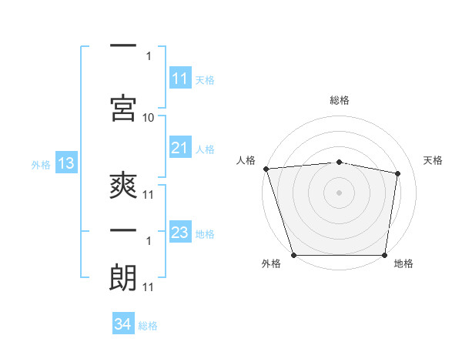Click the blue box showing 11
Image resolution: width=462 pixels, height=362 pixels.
(180, 79)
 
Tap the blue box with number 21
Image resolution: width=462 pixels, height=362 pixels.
(180, 148)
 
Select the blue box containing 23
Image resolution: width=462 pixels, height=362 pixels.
(180, 233)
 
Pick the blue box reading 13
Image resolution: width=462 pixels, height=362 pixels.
(65, 163)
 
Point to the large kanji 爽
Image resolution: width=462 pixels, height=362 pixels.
(123, 186)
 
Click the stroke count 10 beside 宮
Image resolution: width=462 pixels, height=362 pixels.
(149, 117)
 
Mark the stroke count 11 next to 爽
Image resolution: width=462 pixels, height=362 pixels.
(149, 195)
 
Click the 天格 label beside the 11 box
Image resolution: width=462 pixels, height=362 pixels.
(205, 79)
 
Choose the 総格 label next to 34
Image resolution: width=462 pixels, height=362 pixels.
(148, 325)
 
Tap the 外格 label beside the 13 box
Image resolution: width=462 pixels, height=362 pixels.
(41, 164)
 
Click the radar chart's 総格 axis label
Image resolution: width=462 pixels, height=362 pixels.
(340, 100)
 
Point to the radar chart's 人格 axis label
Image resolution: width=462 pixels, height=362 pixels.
(246, 160)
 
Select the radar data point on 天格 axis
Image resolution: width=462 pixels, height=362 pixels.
(398, 173)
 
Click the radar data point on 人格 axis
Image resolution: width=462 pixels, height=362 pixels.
(266, 169)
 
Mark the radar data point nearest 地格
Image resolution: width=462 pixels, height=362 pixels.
(385, 255)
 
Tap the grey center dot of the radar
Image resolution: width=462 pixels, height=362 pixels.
(340, 192)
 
